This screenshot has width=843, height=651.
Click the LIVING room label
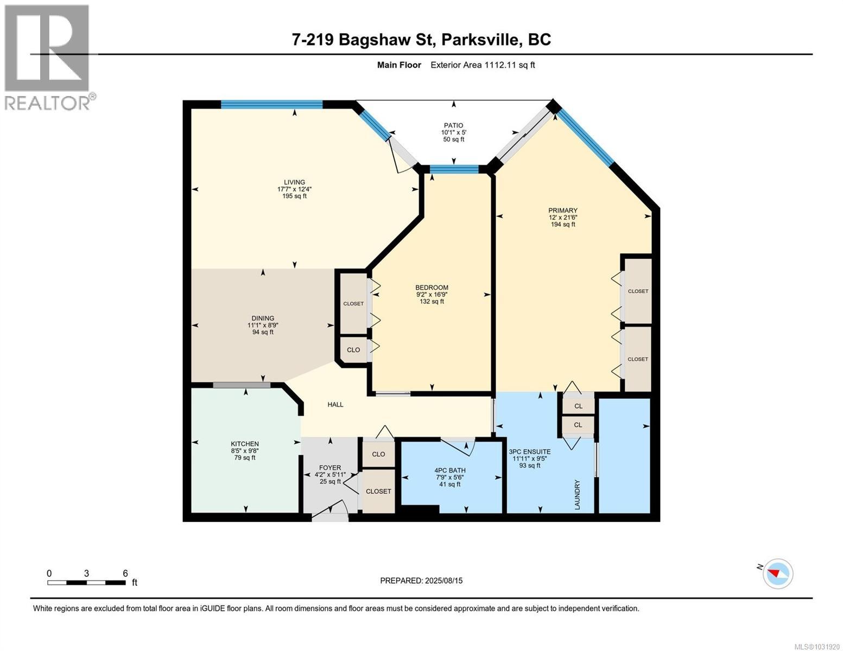click(294, 182)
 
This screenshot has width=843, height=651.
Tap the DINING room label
click(263, 318)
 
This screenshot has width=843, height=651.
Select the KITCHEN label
click(245, 444)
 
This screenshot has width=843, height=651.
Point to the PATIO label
click(452, 125)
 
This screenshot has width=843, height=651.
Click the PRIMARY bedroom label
click(562, 210)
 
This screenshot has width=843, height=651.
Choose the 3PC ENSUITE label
click(529, 451)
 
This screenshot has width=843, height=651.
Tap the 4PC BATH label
click(450, 470)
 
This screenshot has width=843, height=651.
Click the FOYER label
click(330, 468)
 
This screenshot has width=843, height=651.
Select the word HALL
click(335, 404)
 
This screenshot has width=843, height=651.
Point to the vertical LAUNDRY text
click(578, 494)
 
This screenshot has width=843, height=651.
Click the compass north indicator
click(777, 573)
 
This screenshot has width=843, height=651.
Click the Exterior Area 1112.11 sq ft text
click(483, 65)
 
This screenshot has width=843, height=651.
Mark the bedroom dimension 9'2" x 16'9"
click(432, 295)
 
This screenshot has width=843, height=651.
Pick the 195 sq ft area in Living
click(294, 196)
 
